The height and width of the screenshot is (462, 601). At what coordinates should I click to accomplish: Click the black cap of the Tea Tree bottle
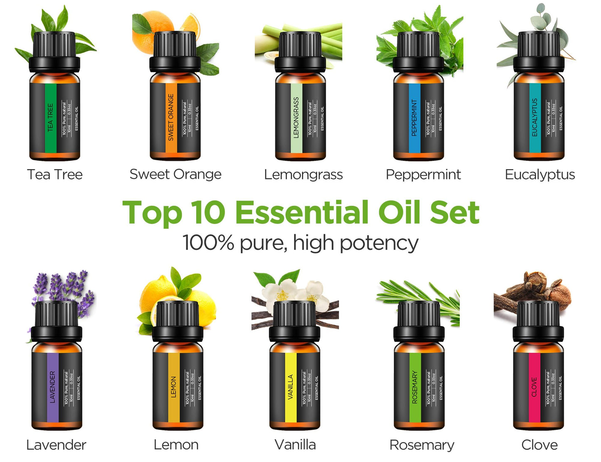(54, 50)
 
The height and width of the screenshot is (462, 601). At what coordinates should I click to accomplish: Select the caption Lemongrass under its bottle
(303, 174)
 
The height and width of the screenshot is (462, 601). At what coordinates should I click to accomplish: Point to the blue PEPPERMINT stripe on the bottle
(414, 117)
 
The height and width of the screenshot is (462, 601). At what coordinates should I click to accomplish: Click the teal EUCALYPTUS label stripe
(535, 117)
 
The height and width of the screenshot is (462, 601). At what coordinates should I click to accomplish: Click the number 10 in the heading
(208, 212)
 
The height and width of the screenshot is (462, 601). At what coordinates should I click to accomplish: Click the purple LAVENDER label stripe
(53, 387)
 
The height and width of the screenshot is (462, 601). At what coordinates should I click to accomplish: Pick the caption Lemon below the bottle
(176, 445)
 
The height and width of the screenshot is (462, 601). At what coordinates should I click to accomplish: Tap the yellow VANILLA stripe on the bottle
(290, 387)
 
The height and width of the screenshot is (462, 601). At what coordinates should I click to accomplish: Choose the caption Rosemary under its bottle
(422, 445)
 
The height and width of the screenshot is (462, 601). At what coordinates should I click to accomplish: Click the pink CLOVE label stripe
(534, 387)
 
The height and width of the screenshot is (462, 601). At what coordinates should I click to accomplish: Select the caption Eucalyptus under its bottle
(540, 174)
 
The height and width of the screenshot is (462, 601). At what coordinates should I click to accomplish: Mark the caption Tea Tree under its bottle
(55, 174)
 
